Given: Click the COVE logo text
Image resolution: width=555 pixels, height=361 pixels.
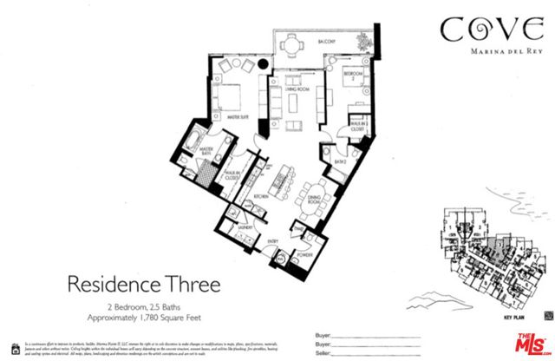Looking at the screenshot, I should tap(480, 30).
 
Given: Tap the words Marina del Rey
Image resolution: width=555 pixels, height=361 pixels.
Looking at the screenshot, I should tap(480, 51).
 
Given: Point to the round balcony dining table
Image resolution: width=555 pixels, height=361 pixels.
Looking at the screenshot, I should tap(296, 44).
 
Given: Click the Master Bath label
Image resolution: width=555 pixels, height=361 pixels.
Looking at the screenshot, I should tap(206, 151).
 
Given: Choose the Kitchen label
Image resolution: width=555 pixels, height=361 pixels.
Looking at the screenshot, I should tap(258, 197).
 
